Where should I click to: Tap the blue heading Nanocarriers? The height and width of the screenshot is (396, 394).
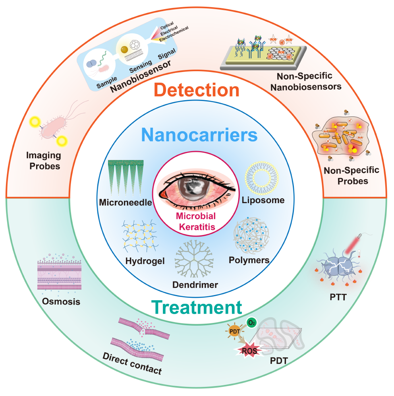[197, 135]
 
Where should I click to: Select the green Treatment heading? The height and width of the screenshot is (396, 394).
[197, 307]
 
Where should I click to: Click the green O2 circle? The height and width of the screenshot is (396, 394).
[251, 322]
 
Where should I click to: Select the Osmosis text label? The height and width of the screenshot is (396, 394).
[61, 301]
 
